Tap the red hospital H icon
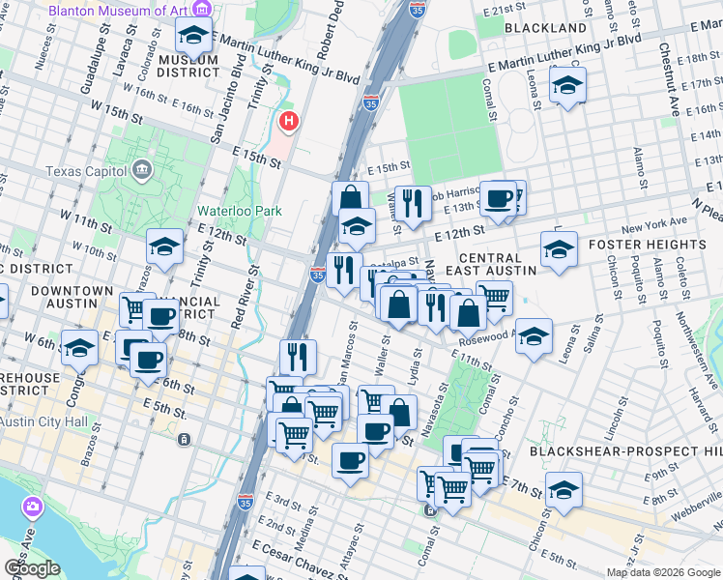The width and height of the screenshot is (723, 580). [288, 122]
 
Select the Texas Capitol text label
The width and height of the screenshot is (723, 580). [87, 172]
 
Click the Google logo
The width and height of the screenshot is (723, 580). [32, 568]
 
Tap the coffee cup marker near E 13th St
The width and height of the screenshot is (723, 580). [499, 198]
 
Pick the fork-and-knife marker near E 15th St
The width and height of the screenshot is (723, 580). [413, 202]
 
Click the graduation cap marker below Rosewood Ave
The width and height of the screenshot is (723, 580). [534, 336]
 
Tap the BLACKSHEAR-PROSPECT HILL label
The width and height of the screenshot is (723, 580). [625, 451]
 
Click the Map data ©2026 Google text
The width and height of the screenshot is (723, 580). [662, 572]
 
